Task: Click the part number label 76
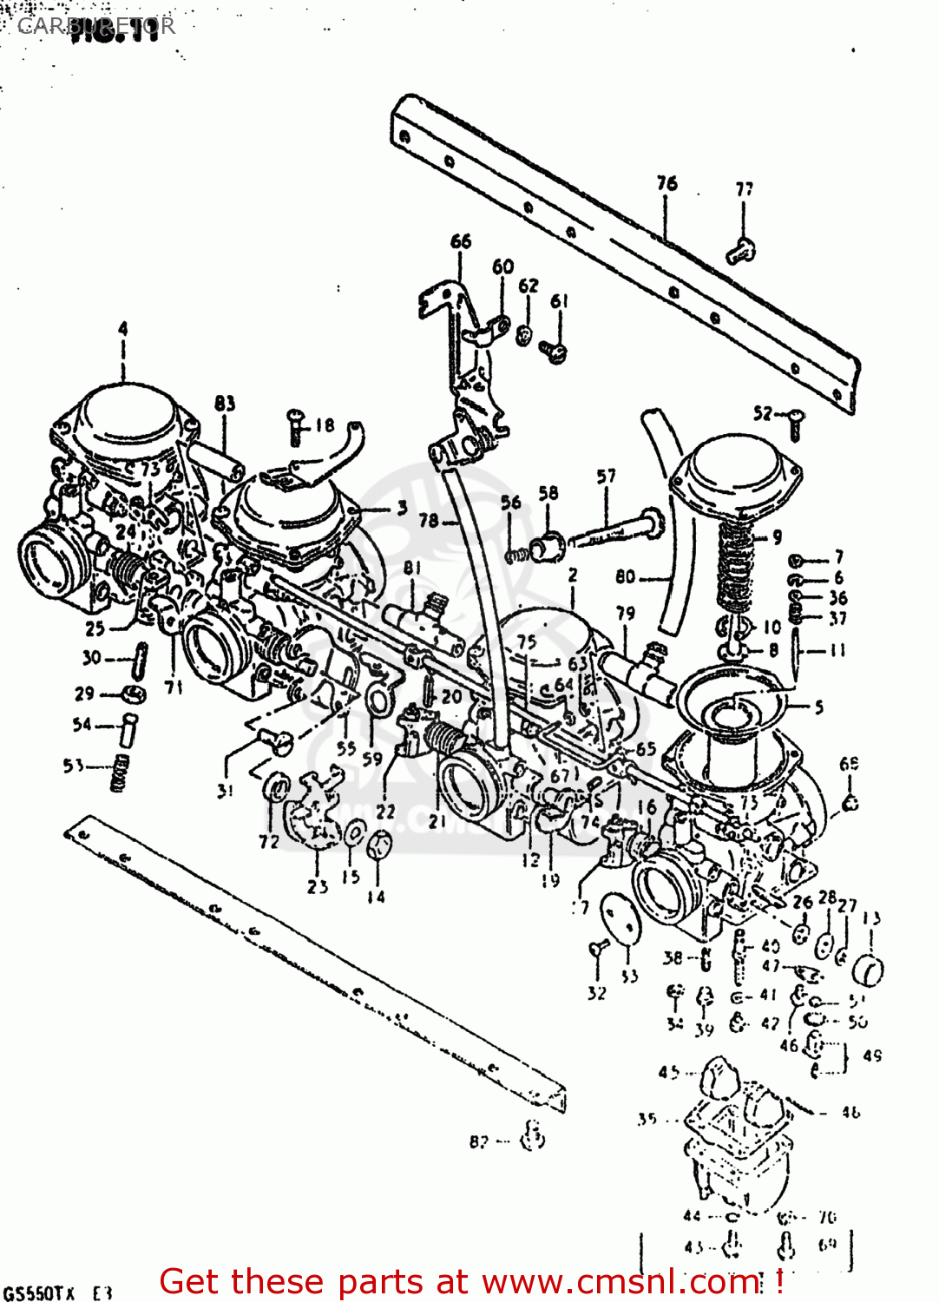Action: coord(666,183)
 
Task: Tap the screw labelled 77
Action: coord(740,251)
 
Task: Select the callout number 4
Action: coord(122,329)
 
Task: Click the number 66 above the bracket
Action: coord(460,241)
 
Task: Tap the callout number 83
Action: coord(225,404)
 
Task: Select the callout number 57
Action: coord(606,476)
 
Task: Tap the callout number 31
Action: coord(226,791)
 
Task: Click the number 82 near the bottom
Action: coord(479,1141)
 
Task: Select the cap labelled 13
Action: coord(869,969)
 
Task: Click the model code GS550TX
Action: coord(39,1292)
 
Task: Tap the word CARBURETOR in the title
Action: coord(95,26)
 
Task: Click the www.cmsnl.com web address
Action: coord(620,1281)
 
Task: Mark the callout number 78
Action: coord(429,521)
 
